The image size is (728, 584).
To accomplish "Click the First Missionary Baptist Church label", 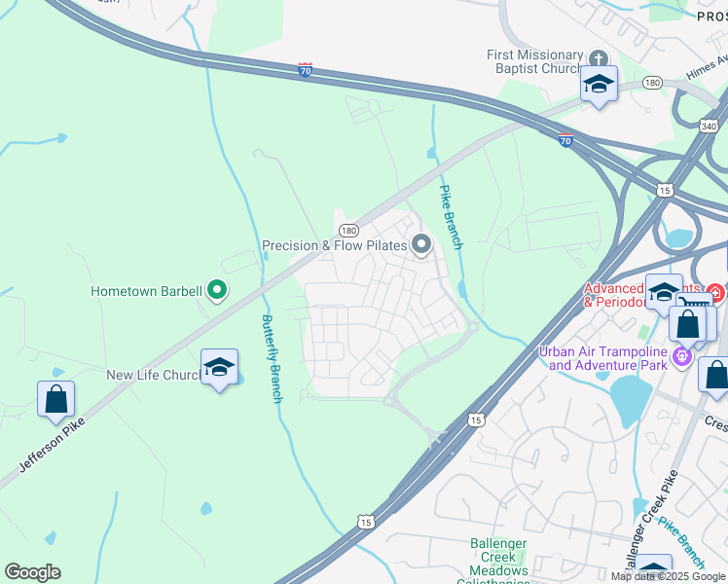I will click(x=534, y=63).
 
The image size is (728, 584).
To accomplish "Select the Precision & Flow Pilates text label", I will click(x=334, y=245).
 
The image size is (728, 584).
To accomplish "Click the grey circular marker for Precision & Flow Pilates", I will click(x=421, y=245).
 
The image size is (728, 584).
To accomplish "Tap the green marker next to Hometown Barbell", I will click(x=218, y=290).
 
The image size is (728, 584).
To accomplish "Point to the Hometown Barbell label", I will click(x=146, y=291).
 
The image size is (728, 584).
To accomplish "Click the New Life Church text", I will click(x=154, y=375).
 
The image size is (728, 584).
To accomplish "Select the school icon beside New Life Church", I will click(x=219, y=368).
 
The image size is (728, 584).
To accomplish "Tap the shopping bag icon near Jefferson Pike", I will click(x=55, y=398).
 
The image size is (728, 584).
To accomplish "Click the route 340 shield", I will click(x=710, y=126).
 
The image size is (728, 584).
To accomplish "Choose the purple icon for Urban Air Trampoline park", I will click(x=683, y=357).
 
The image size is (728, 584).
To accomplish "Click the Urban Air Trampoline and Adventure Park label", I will click(x=607, y=358).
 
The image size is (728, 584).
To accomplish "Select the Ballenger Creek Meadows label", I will click(x=498, y=557).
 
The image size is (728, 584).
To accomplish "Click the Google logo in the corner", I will click(x=32, y=572).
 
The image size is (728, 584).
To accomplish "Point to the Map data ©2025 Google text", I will click(x=668, y=576).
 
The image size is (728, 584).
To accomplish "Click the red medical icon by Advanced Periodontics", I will click(x=715, y=292).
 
